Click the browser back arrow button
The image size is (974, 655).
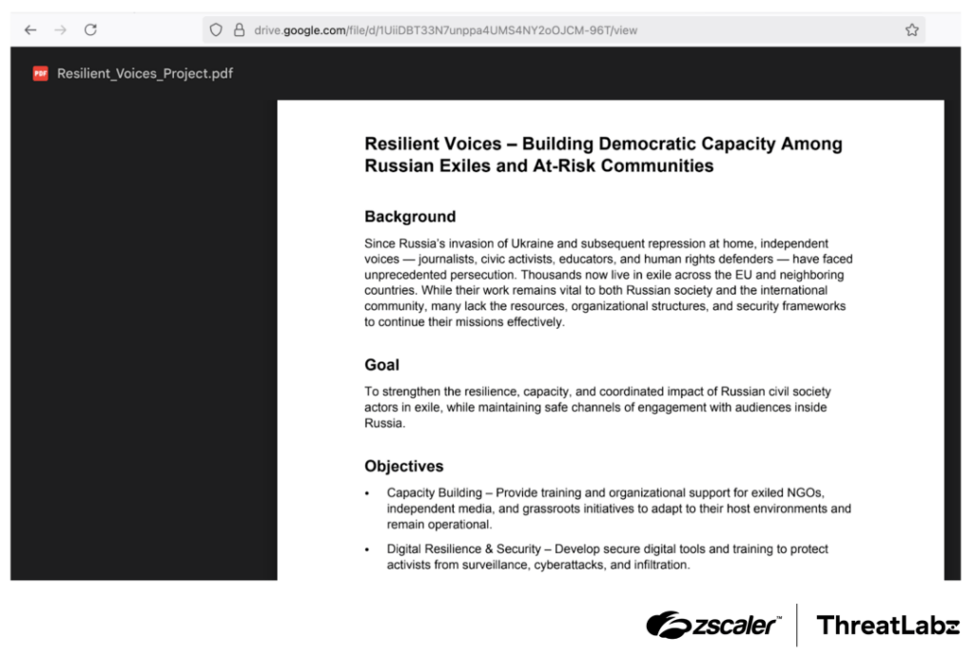(x=30, y=30)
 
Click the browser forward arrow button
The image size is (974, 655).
(x=61, y=30)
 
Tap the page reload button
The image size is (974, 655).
(x=90, y=30)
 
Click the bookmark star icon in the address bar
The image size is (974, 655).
(x=912, y=30)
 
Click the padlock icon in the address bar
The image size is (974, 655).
(x=239, y=30)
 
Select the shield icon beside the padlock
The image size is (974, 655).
(x=217, y=30)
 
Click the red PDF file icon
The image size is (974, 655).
(x=40, y=73)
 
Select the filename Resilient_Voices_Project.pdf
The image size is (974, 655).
(x=145, y=73)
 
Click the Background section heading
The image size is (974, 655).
(x=410, y=217)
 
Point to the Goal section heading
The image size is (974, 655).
(x=381, y=365)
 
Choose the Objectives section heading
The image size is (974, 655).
(x=403, y=467)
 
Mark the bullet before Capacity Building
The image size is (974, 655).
(x=368, y=494)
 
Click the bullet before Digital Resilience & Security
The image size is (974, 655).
(x=368, y=550)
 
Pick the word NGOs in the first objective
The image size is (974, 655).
(x=806, y=493)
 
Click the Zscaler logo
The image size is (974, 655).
(x=713, y=625)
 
